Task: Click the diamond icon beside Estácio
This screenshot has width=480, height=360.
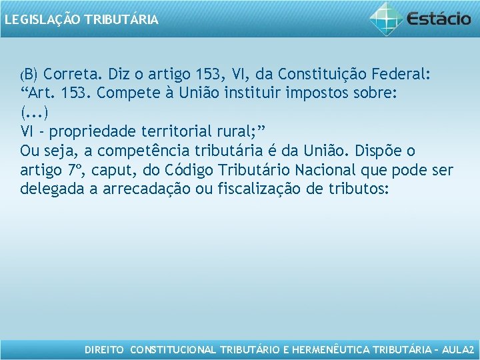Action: (x=387, y=18)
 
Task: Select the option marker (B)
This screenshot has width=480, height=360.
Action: (x=30, y=73)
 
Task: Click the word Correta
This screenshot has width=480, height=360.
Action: (x=76, y=73)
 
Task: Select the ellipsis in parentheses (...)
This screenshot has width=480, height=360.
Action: (x=34, y=111)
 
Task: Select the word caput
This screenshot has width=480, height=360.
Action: (x=121, y=170)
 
